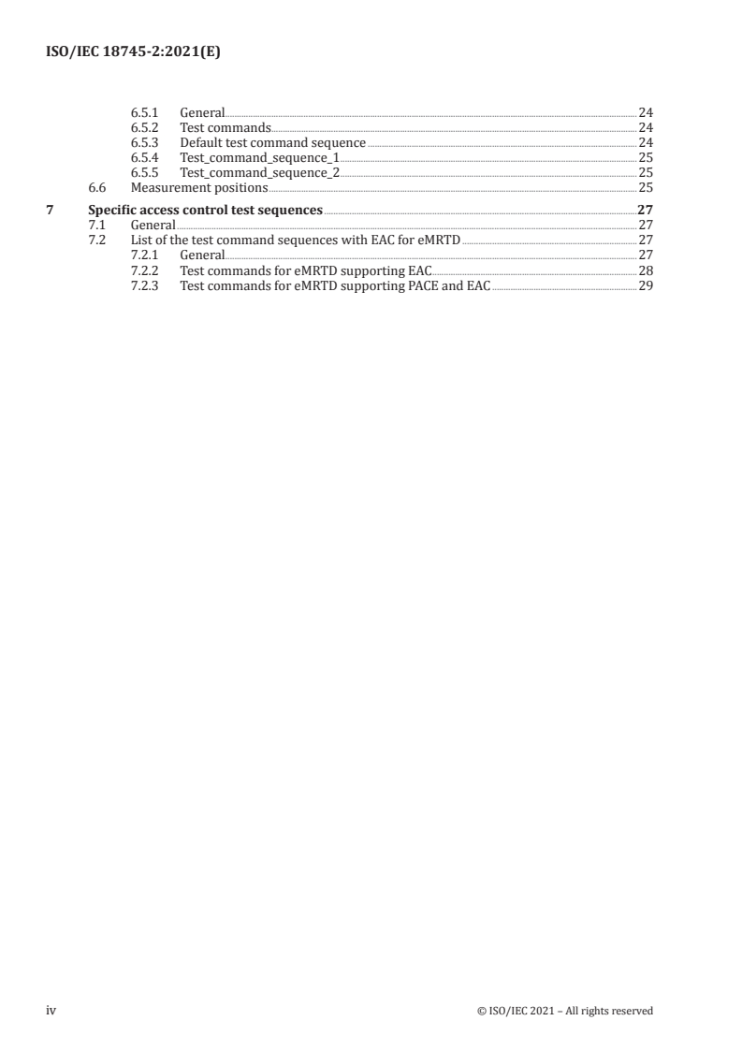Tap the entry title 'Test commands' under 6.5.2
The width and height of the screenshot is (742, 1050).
(226, 128)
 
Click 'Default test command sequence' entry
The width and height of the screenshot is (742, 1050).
(272, 143)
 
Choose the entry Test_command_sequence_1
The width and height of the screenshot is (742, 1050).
(259, 158)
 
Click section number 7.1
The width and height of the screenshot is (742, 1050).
(95, 226)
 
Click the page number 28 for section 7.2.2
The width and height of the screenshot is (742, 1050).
(645, 270)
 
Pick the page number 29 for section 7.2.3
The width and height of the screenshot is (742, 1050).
(645, 285)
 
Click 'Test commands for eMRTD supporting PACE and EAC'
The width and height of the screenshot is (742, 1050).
(334, 285)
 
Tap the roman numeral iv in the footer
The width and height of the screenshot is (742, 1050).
(51, 1011)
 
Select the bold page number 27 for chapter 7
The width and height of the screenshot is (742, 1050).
(645, 210)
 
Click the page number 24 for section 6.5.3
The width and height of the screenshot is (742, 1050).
(645, 143)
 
